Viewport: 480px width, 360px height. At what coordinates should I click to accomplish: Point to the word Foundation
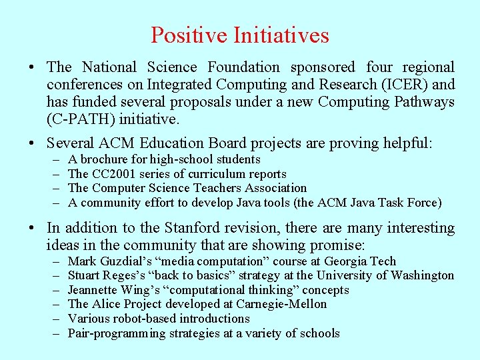pos(244,67)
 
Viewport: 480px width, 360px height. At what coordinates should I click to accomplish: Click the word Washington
pos(422,275)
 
